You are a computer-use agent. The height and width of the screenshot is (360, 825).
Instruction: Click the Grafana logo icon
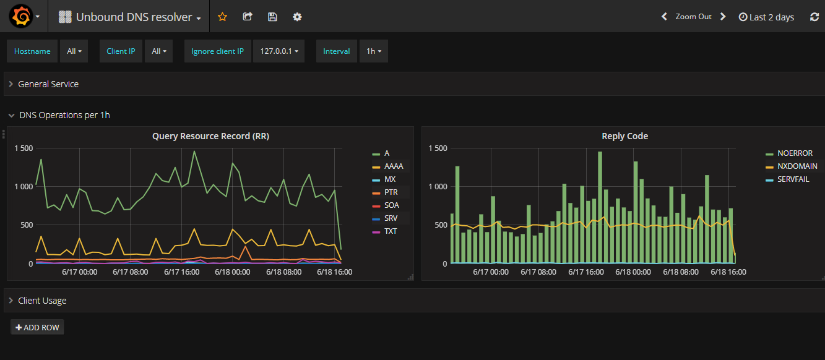pyautogui.click(x=20, y=17)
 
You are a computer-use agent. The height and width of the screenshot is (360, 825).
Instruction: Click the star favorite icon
pyautogui.click(x=222, y=17)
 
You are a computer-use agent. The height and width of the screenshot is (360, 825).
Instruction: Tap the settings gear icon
pyautogui.click(x=297, y=17)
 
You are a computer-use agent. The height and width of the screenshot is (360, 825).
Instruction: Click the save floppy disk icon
pyautogui.click(x=272, y=17)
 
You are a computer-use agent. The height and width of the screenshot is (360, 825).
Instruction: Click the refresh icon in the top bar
pyautogui.click(x=814, y=17)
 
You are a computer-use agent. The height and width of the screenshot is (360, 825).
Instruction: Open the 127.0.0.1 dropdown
pyautogui.click(x=279, y=51)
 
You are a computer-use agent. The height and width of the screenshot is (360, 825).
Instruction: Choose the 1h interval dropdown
pyautogui.click(x=373, y=51)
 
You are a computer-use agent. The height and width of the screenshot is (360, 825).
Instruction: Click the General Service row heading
pyautogui.click(x=48, y=84)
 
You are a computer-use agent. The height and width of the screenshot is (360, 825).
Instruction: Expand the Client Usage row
pyautogui.click(x=42, y=301)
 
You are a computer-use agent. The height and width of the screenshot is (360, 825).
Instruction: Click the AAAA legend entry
pyautogui.click(x=394, y=166)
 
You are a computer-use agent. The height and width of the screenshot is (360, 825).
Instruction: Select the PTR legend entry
pyautogui.click(x=391, y=192)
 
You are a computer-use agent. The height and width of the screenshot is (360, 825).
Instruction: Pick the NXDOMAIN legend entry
pyautogui.click(x=797, y=166)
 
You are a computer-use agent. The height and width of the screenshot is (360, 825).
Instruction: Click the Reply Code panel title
pyautogui.click(x=624, y=136)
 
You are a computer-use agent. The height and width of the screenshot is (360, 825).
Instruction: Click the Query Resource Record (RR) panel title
pyautogui.click(x=210, y=136)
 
